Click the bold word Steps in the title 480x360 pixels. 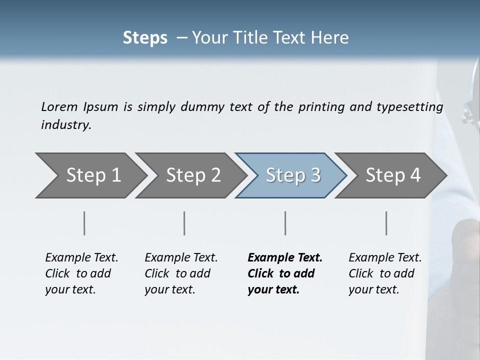(145, 38)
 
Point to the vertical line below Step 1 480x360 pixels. (84, 223)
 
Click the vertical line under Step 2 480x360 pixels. (184, 223)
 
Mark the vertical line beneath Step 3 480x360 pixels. (285, 223)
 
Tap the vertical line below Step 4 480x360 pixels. (386, 223)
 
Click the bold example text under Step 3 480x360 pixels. (285, 273)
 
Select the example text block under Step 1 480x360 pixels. (81, 273)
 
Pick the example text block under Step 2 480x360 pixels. (181, 273)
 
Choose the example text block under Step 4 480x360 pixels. (385, 273)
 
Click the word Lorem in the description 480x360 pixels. (59, 107)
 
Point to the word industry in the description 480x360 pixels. (66, 125)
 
